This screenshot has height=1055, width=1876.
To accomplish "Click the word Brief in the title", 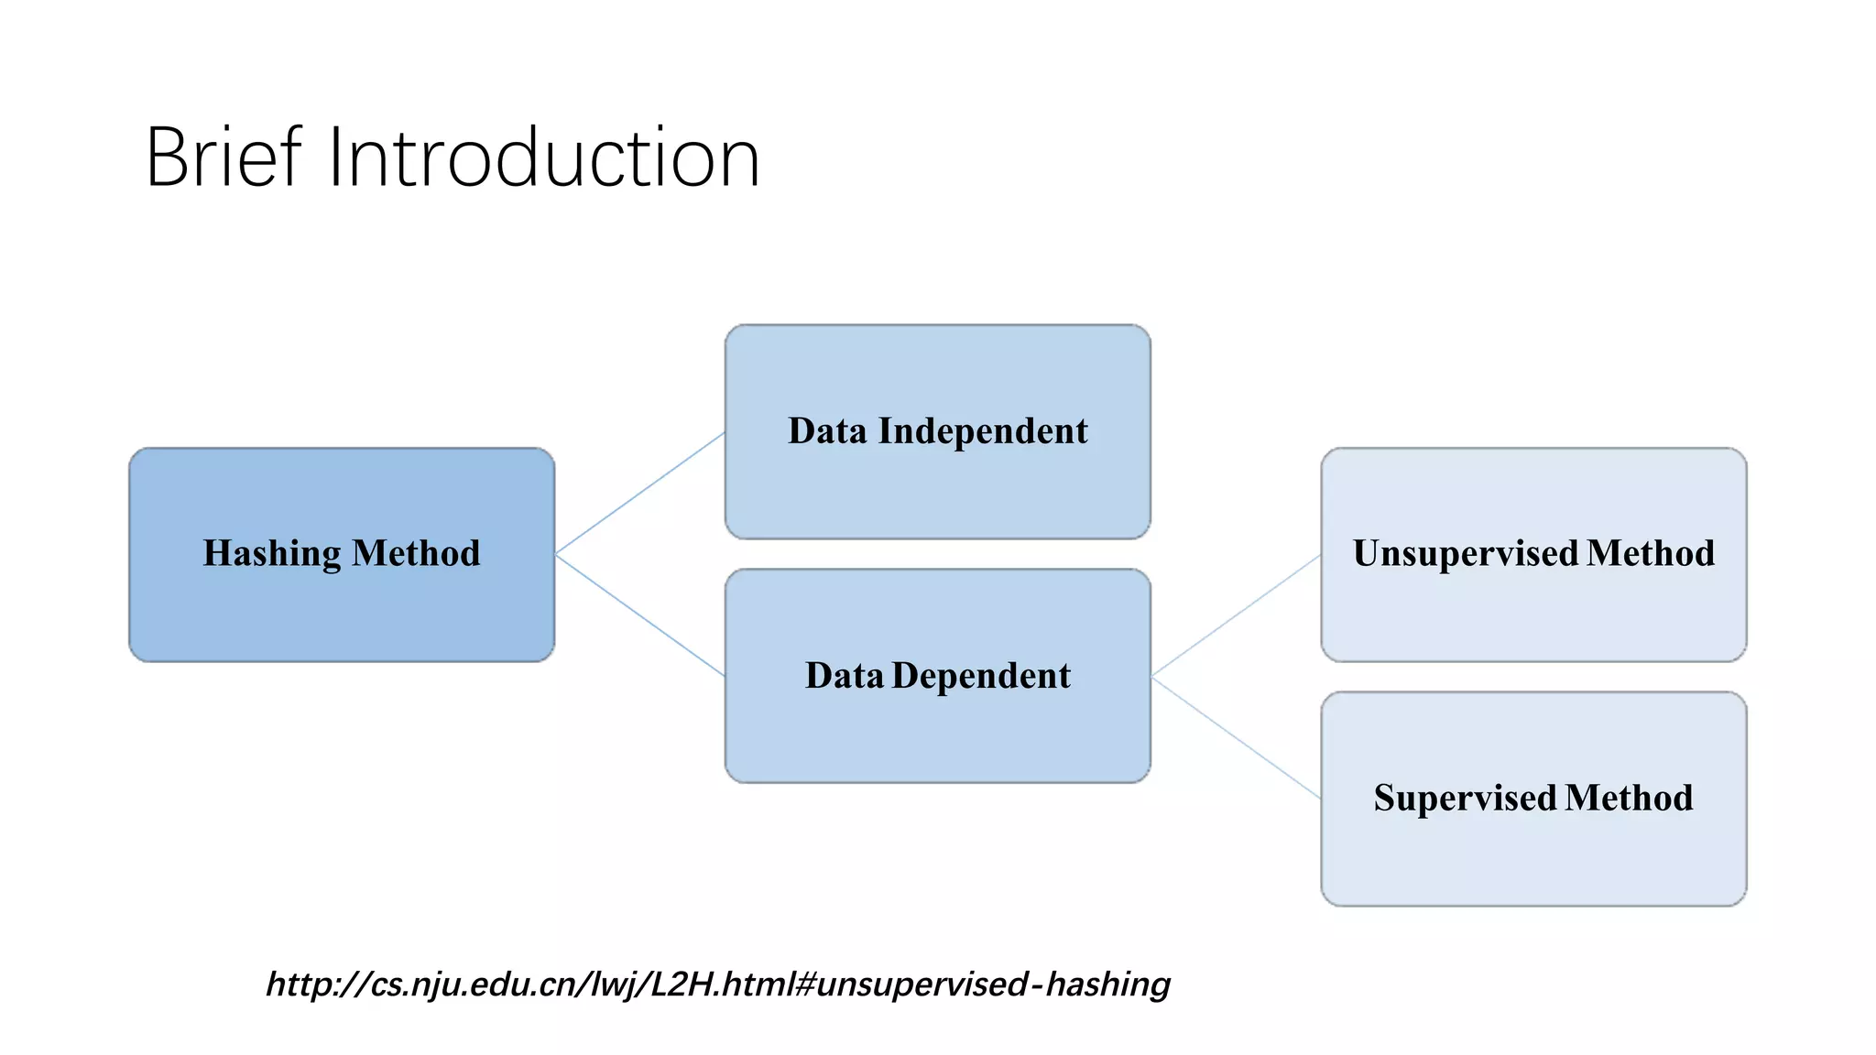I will coord(223,158).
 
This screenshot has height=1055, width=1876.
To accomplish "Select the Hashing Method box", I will coord(341,604).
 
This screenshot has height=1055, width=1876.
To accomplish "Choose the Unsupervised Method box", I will coord(1533,609).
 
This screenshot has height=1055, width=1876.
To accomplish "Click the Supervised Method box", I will coord(1533,852).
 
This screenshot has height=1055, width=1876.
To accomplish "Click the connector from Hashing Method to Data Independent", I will coord(639,494).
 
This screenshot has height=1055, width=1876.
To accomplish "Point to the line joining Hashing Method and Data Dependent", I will coord(639,615).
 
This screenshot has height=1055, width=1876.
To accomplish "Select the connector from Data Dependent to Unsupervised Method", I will coord(1235,615).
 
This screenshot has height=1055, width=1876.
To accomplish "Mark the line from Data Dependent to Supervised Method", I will coord(1235,737).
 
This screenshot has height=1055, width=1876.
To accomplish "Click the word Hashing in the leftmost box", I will coord(272,554).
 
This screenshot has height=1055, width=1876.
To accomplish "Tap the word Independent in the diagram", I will coord(983,431).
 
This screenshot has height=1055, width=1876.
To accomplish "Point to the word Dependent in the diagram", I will coord(981,676).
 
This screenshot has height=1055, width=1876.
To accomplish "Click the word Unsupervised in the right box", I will coord(1466,554).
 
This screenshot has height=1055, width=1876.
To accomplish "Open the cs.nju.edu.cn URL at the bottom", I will coord(717,984).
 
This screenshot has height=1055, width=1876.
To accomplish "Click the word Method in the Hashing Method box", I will coord(416,554).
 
